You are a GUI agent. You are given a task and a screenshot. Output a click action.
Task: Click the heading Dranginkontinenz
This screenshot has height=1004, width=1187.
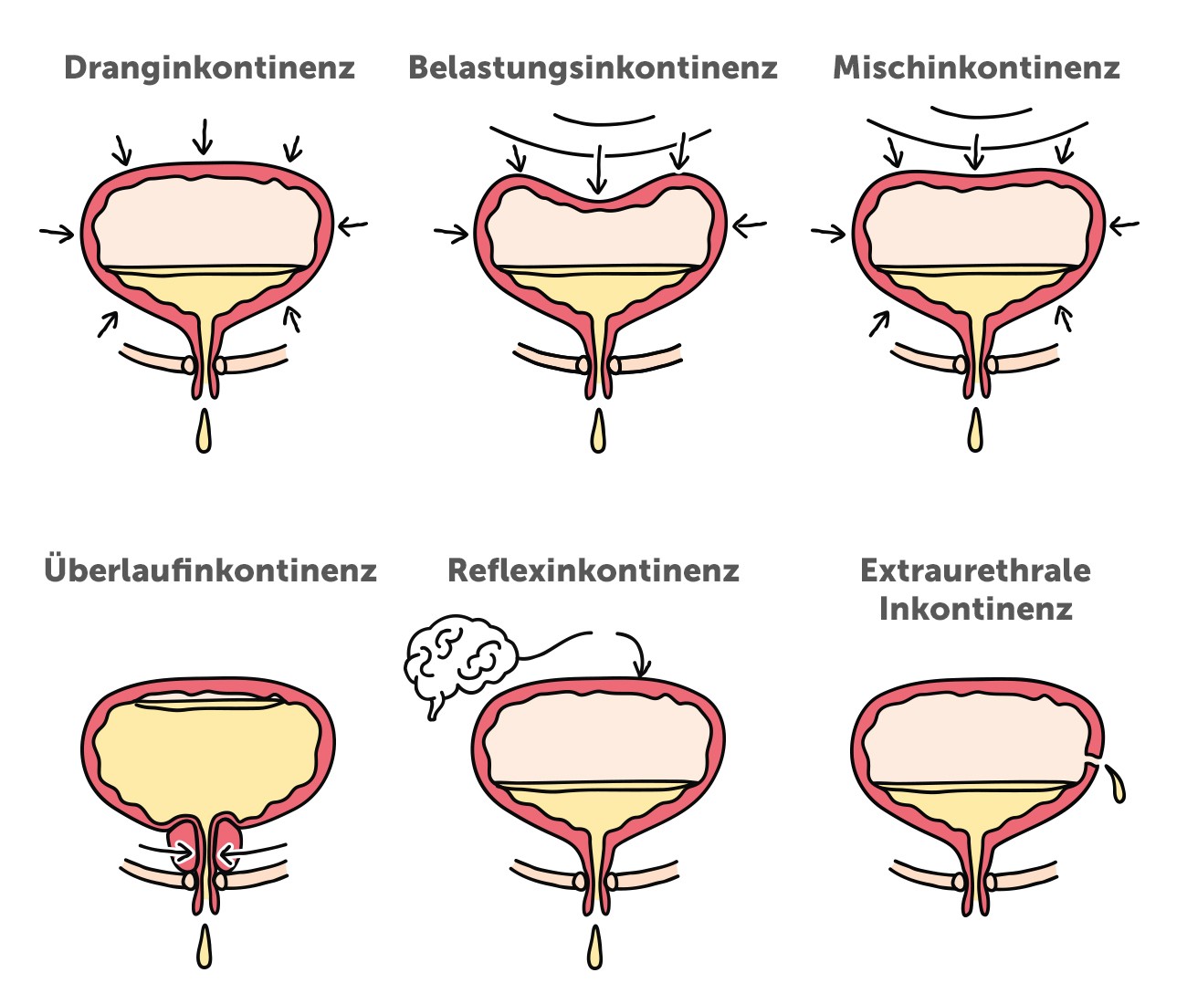pos(209,68)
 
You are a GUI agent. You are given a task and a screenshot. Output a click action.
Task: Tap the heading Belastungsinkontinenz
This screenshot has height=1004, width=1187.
pos(593,68)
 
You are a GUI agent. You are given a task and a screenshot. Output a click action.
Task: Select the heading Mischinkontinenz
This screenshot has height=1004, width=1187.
pos(976,68)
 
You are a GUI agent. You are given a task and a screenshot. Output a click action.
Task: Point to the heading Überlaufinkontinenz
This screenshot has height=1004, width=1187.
pos(210,570)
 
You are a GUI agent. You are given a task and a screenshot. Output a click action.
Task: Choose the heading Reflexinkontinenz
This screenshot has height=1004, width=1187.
pos(593,570)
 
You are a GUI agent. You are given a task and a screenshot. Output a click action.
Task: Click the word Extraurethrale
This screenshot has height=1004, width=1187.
pos(975,570)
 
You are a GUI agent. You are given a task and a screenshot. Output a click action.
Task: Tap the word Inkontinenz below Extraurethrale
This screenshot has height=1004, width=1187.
pos(975,609)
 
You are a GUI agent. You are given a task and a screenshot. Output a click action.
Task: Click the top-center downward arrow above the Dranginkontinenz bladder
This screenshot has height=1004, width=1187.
pos(203,137)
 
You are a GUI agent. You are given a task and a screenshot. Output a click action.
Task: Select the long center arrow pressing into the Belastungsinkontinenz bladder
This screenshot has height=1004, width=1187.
pos(597,169)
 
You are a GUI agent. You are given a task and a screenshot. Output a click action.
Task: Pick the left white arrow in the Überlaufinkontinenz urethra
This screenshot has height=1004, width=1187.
pos(182,852)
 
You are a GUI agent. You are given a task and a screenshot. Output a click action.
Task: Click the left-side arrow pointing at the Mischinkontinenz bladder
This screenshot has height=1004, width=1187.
pos(828,234)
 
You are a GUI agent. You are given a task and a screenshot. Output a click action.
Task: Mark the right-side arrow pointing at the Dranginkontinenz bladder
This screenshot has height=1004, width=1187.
pos(352,225)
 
